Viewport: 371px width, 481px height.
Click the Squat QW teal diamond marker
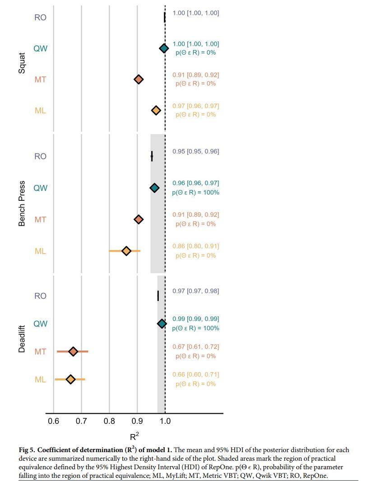pyautogui.click(x=164, y=48)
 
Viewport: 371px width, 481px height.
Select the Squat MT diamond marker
pyautogui.click(x=139, y=79)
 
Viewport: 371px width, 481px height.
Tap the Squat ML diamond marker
pyautogui.click(x=156, y=111)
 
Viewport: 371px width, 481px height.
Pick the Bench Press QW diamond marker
pyautogui.click(x=154, y=188)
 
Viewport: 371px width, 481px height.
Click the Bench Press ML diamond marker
pyautogui.click(x=126, y=251)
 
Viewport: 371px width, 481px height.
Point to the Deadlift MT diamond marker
pyautogui.click(x=73, y=351)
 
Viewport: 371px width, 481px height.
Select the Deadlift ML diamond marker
pyautogui.click(x=70, y=379)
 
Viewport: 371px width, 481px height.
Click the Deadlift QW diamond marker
pyautogui.click(x=162, y=324)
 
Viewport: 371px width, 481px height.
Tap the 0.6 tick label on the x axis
pyautogui.click(x=53, y=421)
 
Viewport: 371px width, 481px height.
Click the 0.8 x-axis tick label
pyautogui.click(x=109, y=421)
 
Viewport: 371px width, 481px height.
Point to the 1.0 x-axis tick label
pyautogui.click(x=165, y=421)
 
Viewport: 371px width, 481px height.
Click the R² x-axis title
pyautogui.click(x=134, y=436)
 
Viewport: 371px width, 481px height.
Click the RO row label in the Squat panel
pyautogui.click(x=40, y=18)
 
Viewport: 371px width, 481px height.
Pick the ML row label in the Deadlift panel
pyautogui.click(x=40, y=379)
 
